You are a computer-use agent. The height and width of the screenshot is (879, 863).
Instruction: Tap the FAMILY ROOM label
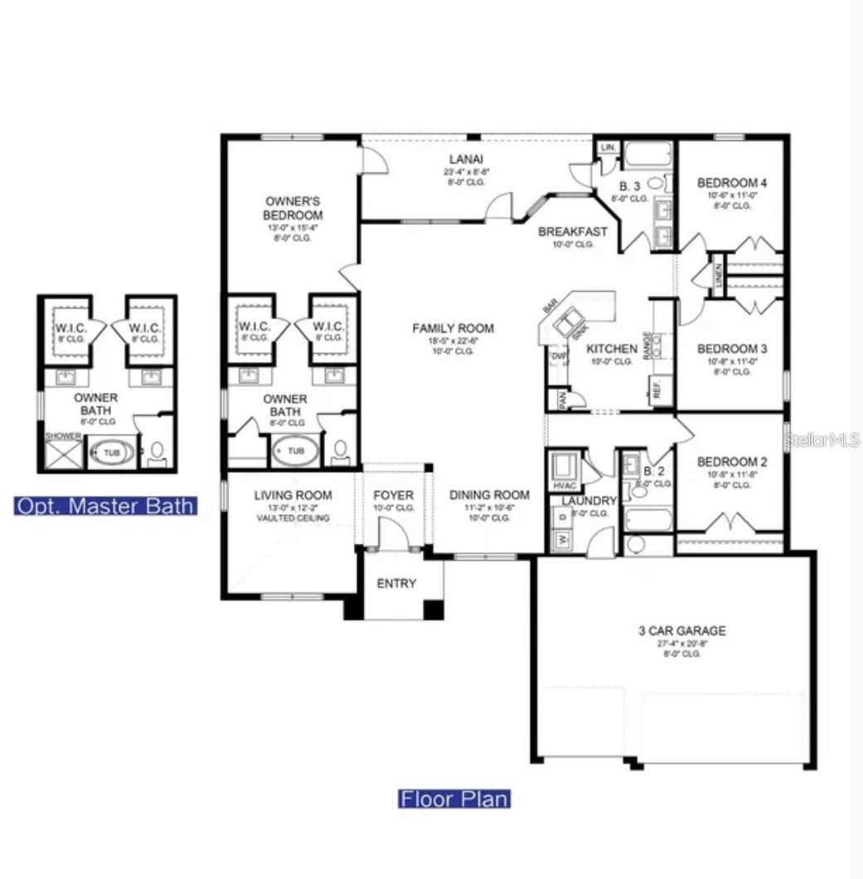tap(453, 329)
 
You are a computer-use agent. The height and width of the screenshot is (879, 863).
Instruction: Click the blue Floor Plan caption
tap(454, 799)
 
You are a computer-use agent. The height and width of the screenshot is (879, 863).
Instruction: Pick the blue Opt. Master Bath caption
tap(105, 506)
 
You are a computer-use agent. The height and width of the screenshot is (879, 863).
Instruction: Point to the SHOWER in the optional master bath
tap(63, 436)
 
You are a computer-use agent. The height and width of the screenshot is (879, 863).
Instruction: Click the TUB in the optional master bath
tap(111, 453)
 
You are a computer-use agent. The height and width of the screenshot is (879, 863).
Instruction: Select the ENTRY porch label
tap(396, 584)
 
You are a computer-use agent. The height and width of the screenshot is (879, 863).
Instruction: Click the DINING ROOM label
tap(489, 495)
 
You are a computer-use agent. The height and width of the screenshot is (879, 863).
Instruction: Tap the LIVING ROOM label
tap(293, 495)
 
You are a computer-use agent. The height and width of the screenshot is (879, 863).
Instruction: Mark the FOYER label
tap(394, 495)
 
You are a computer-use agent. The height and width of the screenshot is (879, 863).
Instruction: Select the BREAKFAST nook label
tap(573, 231)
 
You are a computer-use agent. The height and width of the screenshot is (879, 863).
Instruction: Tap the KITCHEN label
tap(612, 349)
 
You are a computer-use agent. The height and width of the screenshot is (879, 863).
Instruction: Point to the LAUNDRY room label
tap(589, 501)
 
